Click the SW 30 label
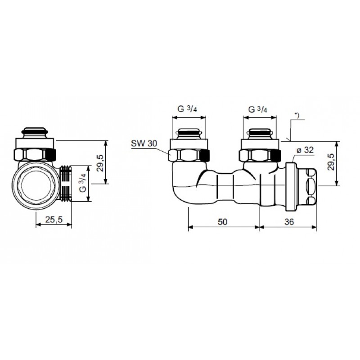(x=144, y=144)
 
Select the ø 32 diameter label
(x=305, y=150)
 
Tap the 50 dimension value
(x=222, y=222)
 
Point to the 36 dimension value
(x=289, y=222)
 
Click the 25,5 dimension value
(x=54, y=220)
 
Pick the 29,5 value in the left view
(x=100, y=163)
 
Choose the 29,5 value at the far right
(x=331, y=162)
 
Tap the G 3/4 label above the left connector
(x=187, y=108)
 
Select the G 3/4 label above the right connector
(x=258, y=109)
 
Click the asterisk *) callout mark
(x=297, y=116)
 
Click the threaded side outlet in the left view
(x=66, y=183)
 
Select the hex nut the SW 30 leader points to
(x=189, y=155)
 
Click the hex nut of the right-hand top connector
(x=260, y=155)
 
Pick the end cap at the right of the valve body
(x=307, y=186)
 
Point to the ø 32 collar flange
(x=291, y=187)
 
